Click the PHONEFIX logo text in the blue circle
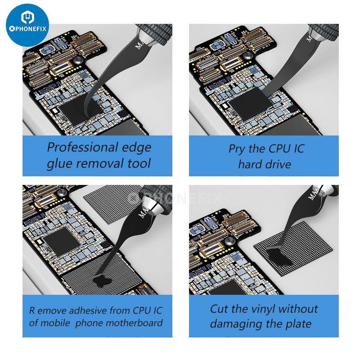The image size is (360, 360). (27, 29)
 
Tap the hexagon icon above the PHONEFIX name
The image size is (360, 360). (27, 17)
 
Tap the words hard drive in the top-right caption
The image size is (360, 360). (265, 164)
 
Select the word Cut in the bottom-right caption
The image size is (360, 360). (220, 309)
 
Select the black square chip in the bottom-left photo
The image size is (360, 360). (61, 241)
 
